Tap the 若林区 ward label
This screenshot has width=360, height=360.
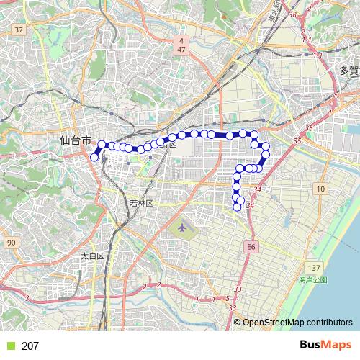pos(142,203)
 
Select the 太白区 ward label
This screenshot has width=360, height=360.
pos(93,256)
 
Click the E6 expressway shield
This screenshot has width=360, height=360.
pos(251,246)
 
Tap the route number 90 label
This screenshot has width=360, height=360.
pos(11,243)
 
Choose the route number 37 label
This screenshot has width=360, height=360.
pos(19,30)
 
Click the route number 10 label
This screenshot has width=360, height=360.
pos(321,189)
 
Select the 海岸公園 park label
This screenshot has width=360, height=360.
pos(313,279)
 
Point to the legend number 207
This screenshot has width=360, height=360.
pos(30,346)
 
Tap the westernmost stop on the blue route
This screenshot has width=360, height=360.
pos(94,157)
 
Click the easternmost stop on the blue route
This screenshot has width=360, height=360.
pos(266,153)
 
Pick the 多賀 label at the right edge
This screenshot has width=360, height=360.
pos(348,71)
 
